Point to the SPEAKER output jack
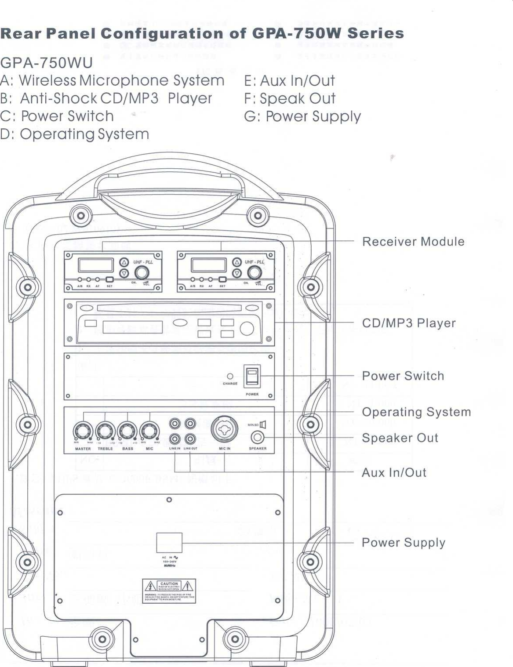pos(258,438)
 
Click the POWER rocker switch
pos(252,377)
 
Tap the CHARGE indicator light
pos(230,377)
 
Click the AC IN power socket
pos(169,543)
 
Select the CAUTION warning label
pos(169,591)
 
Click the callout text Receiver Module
pos(413,242)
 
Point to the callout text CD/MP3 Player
pos(409,323)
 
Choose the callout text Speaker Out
pos(400,438)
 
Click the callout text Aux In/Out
pos(394,473)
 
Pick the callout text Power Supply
pos(404,543)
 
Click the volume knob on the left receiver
pos(142,272)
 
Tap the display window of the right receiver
pos(209,265)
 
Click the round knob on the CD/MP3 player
pos(247,329)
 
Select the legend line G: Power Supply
pos(302,116)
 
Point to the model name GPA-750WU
pos(47,63)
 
